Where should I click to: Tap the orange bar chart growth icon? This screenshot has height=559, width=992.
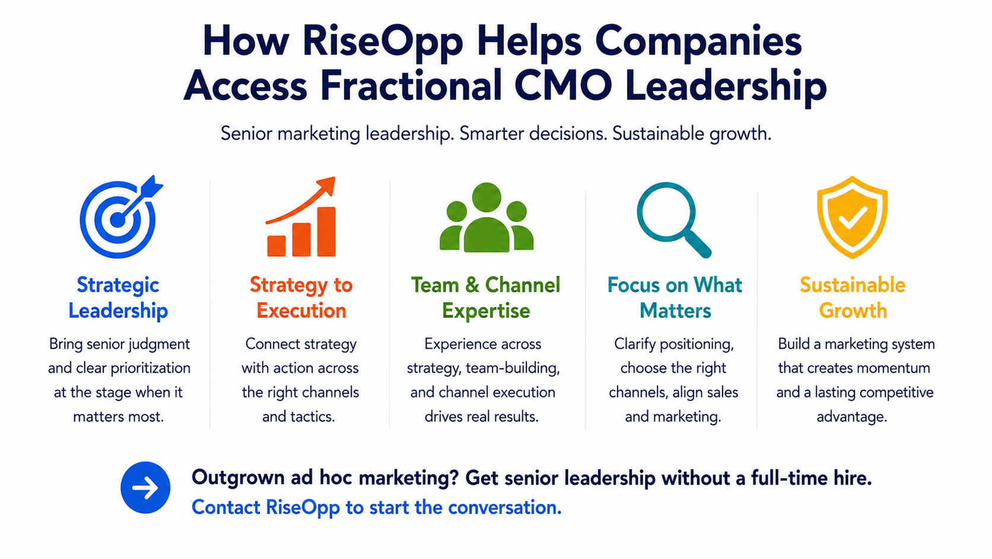[301, 217]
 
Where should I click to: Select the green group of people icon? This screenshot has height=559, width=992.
[487, 217]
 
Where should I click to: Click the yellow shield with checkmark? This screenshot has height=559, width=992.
[852, 217]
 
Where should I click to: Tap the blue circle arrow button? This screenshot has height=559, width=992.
[145, 488]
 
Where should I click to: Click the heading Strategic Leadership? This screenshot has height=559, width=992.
[118, 298]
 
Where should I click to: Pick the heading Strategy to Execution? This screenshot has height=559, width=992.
[301, 298]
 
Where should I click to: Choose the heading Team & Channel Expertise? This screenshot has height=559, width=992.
[486, 298]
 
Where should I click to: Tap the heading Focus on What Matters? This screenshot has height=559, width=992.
[675, 298]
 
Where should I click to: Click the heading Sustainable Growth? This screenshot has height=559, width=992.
[853, 298]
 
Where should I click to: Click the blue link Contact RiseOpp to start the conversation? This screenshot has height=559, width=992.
[376, 507]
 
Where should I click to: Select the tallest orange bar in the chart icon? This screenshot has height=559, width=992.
[326, 232]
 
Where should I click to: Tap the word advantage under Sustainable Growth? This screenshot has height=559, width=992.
[852, 417]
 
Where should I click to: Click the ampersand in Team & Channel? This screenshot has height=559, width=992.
[472, 285]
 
